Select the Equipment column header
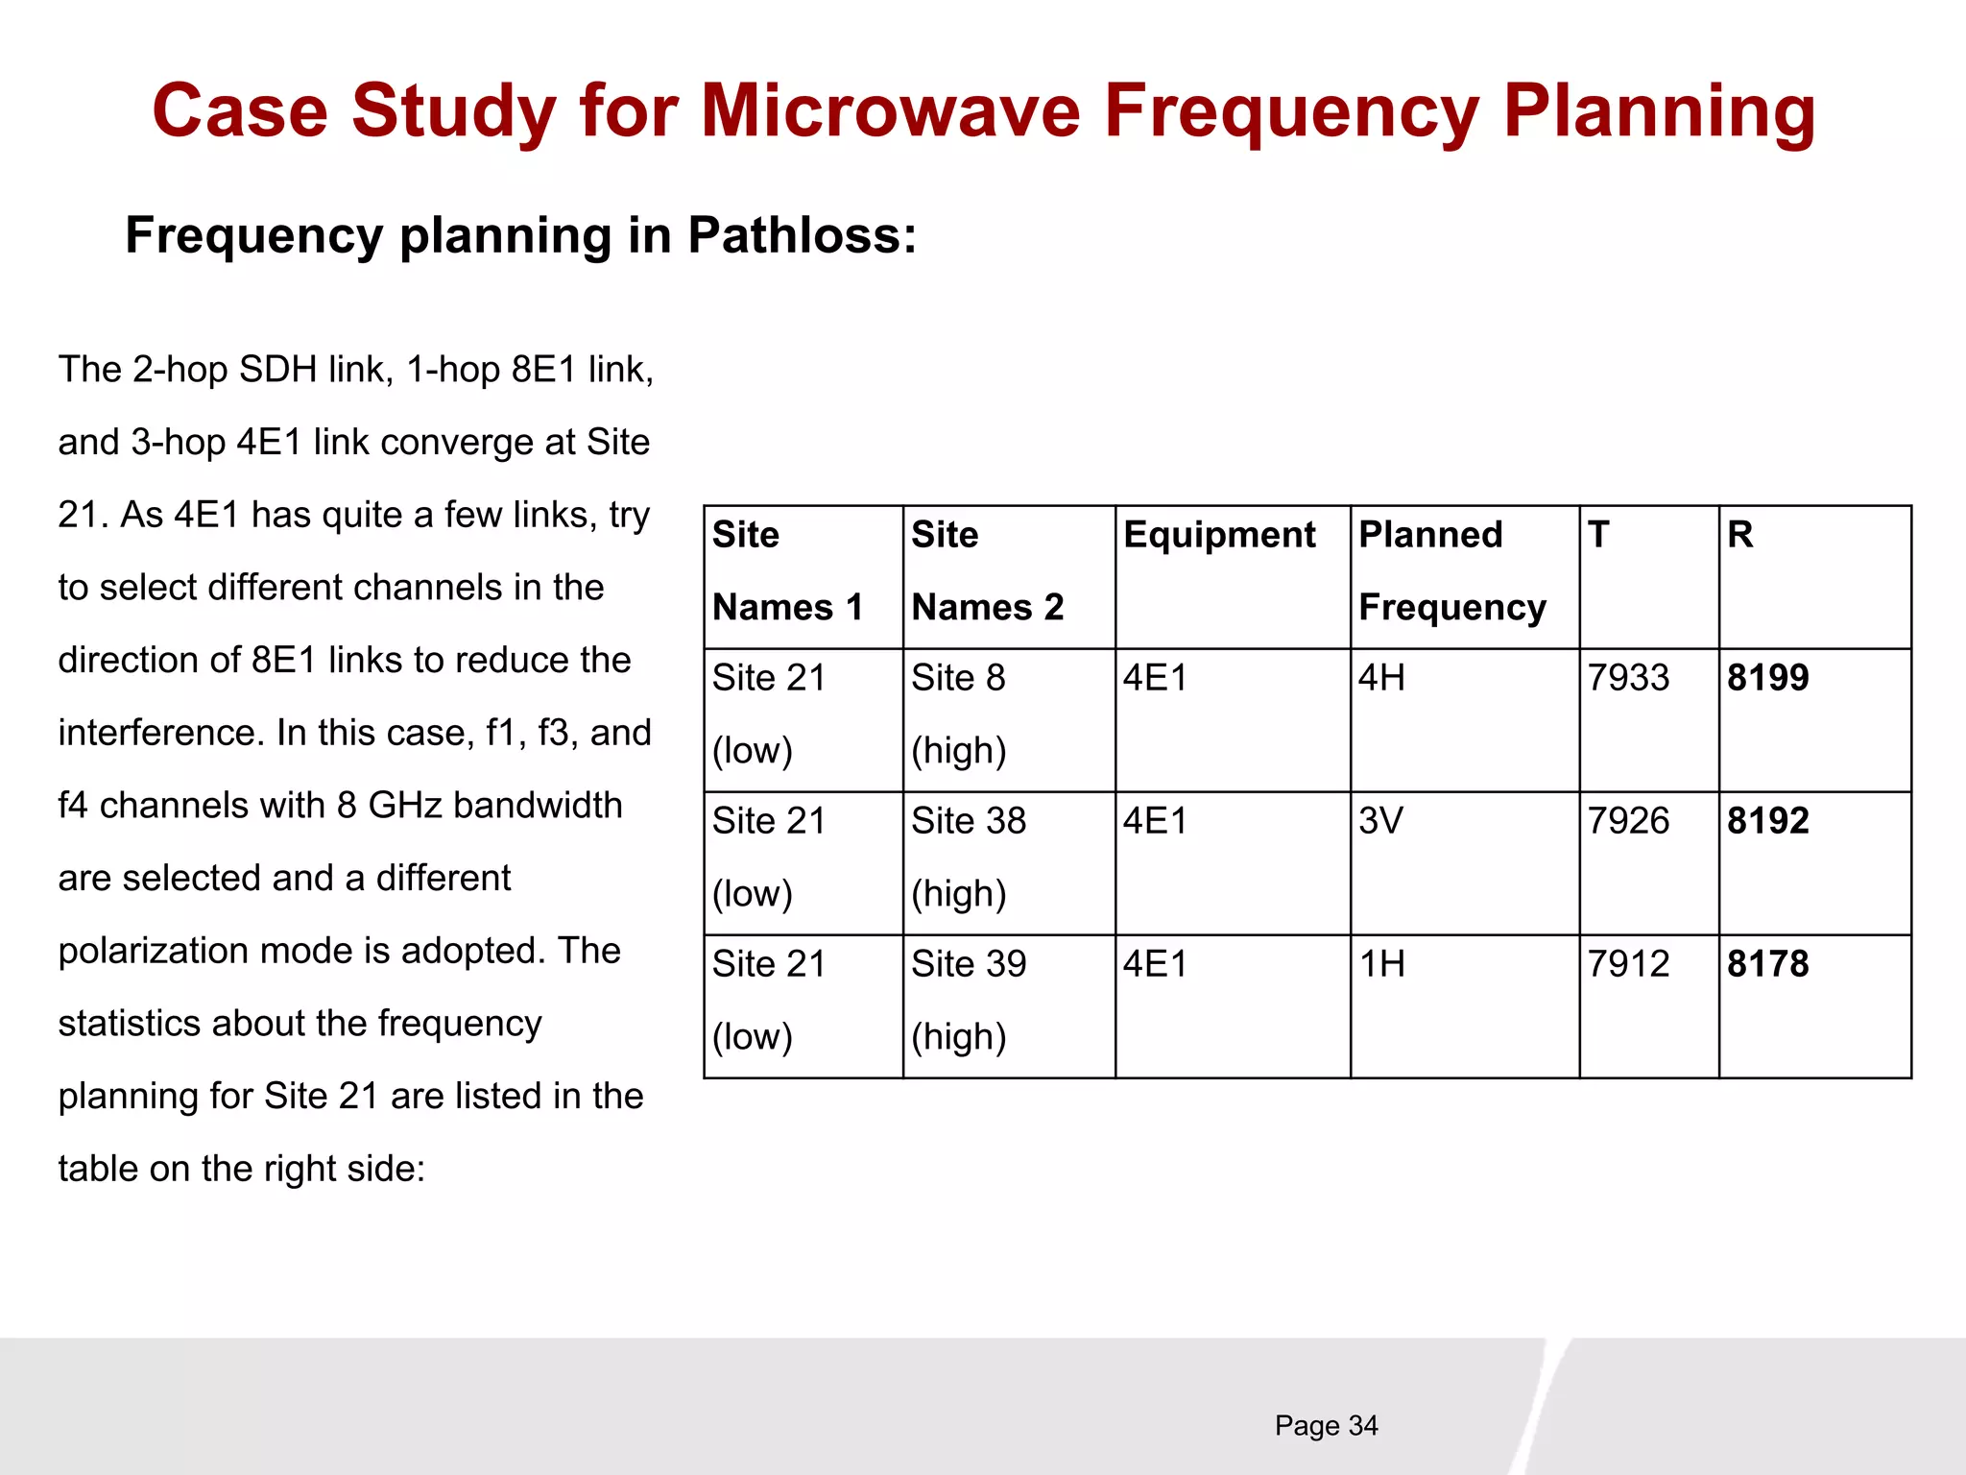[x=1219, y=535]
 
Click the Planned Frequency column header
[x=1451, y=570]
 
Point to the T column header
[x=1598, y=535]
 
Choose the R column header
[x=1739, y=535]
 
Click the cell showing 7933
[x=1628, y=678]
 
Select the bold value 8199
[x=1767, y=678]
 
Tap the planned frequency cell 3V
[x=1380, y=821]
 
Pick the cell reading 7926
[x=1628, y=821]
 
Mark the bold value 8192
[x=1767, y=821]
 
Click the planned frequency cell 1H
[x=1381, y=964]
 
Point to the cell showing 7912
[x=1628, y=964]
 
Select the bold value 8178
[x=1767, y=964]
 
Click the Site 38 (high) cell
[x=968, y=857]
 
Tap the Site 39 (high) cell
[x=968, y=1000]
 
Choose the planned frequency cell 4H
[x=1381, y=678]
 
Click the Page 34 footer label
[x=1326, y=1426]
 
